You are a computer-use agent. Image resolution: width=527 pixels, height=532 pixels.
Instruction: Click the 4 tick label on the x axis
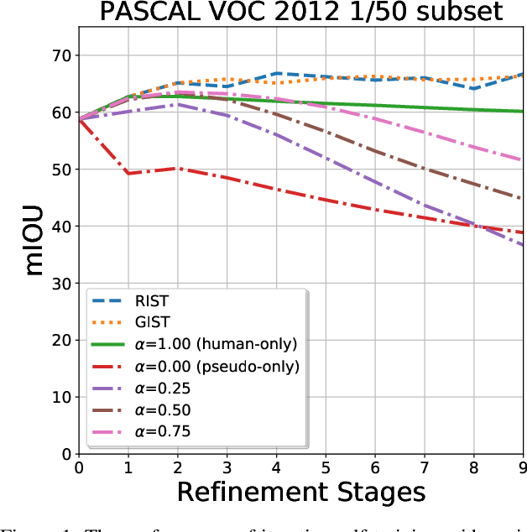tap(278, 467)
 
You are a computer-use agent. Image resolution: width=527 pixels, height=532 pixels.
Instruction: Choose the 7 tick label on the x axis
tap(425, 467)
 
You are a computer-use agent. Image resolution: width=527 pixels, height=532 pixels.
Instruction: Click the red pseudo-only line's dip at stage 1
tap(128, 174)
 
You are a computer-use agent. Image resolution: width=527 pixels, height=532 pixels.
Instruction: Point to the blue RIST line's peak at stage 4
tap(277, 73)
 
